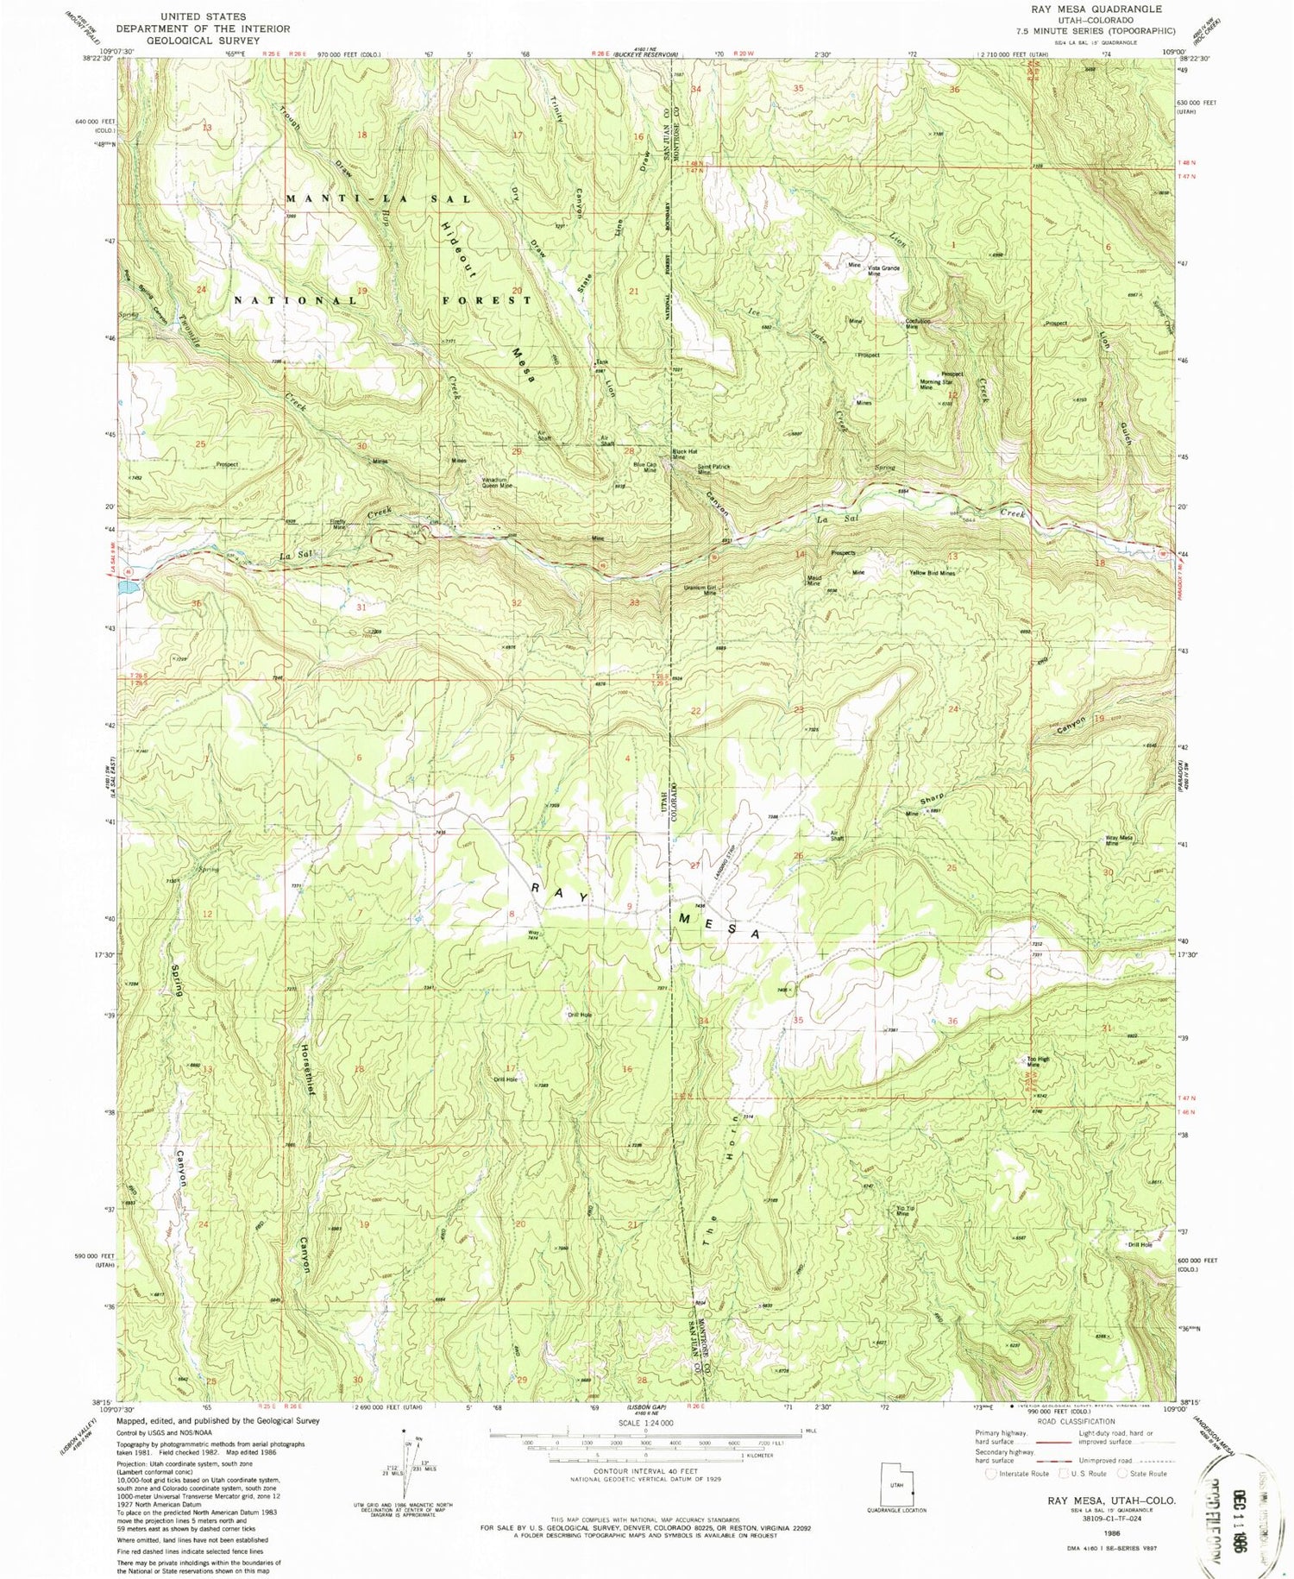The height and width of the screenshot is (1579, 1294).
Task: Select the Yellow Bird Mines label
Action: [932, 573]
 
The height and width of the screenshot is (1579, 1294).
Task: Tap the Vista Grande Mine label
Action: [884, 270]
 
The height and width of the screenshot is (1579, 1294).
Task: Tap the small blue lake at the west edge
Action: [126, 586]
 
